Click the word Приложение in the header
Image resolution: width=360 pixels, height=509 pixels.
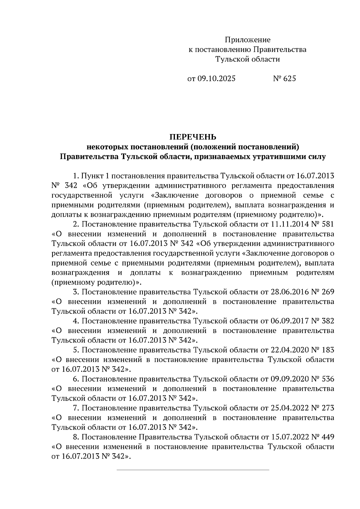point(248,40)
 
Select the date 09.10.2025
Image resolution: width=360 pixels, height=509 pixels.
point(216,79)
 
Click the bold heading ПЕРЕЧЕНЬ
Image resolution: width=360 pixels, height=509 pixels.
point(193,137)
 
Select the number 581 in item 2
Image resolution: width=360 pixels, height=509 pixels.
point(327,224)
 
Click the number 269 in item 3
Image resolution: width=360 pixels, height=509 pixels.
point(327,292)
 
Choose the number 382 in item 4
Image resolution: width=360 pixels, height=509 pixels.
point(327,321)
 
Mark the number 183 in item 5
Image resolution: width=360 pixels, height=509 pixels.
point(327,350)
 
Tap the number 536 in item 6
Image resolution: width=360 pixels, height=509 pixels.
point(327,379)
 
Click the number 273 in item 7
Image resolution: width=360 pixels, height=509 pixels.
point(327,408)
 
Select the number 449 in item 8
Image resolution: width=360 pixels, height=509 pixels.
point(327,437)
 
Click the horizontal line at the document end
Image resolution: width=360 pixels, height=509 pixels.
point(193,470)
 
